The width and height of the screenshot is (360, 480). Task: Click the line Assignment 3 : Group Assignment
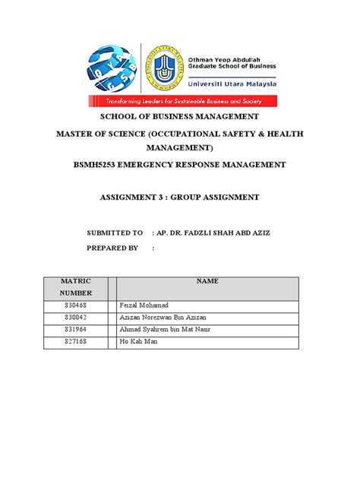pos(180,197)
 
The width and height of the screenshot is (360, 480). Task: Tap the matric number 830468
pos(77,305)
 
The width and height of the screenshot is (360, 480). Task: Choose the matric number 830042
pos(77,317)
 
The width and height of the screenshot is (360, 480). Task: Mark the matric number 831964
pos(77,330)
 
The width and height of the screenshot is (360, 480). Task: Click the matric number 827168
pos(77,343)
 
